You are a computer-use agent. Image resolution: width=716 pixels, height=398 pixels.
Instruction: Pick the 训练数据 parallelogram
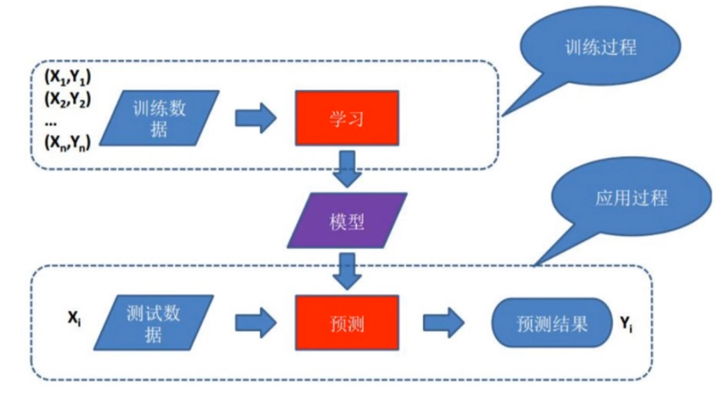pos(159,118)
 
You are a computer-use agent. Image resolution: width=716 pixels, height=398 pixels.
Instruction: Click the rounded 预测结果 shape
pos(551,324)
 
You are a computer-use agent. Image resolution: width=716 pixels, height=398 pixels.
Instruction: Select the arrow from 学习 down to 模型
pos(348,169)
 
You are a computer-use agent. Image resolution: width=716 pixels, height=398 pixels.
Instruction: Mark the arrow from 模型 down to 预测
pos(348,272)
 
